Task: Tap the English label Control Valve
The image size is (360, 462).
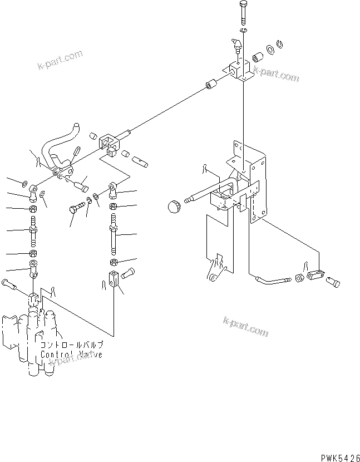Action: click(x=71, y=355)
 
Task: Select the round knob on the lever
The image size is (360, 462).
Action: click(x=174, y=208)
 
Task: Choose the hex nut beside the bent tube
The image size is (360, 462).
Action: click(x=299, y=278)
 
